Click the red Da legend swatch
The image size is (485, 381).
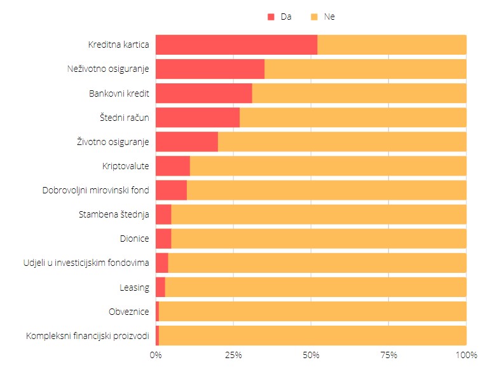pyautogui.click(x=271, y=17)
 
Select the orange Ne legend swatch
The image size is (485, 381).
pyautogui.click(x=314, y=17)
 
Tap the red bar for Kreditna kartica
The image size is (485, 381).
pyautogui.click(x=236, y=45)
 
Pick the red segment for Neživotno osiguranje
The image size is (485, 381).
pyautogui.click(x=210, y=69)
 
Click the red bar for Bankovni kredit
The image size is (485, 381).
pyautogui.click(x=203, y=93)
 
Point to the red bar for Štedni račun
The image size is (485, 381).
pyautogui.click(x=198, y=118)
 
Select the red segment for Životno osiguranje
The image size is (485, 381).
pyautogui.click(x=187, y=142)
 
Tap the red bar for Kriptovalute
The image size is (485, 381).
pyautogui.click(x=173, y=166)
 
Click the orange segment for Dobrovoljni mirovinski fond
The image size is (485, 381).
pyautogui.click(x=327, y=190)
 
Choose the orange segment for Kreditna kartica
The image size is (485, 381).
pyautogui.click(x=392, y=45)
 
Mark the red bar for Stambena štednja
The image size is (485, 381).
pyautogui.click(x=163, y=214)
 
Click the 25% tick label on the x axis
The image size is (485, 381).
pyautogui.click(x=233, y=355)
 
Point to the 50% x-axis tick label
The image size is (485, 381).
pyautogui.click(x=311, y=355)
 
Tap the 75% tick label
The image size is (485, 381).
pyautogui.click(x=389, y=355)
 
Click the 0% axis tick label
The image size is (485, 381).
pyautogui.click(x=156, y=355)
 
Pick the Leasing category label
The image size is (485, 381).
pyautogui.click(x=134, y=287)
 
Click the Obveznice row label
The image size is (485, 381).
pyautogui.click(x=129, y=312)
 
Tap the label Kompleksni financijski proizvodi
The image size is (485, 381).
pyautogui.click(x=88, y=336)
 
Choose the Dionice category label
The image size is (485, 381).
pyautogui.click(x=134, y=239)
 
